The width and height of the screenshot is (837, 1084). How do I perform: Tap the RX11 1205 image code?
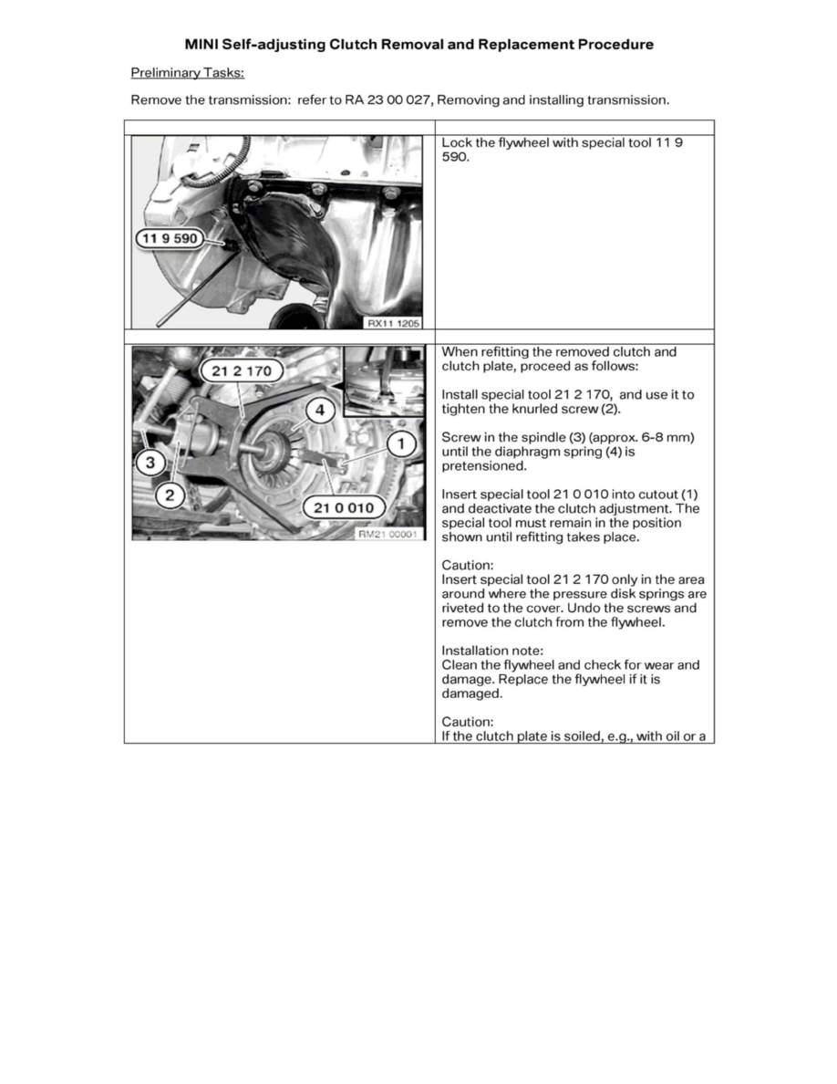[392, 322]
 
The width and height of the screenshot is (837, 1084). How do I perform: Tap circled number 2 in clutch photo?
[170, 495]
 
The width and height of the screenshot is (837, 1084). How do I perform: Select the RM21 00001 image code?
[389, 535]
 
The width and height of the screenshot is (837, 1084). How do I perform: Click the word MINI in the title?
[201, 44]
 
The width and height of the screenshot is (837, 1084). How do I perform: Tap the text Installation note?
[491, 651]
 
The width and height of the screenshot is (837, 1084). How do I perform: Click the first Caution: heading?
[467, 566]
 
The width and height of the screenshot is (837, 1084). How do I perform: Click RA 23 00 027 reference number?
[398, 100]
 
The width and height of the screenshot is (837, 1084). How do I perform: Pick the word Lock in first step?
[456, 143]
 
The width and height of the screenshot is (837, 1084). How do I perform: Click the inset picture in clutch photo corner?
[383, 379]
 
